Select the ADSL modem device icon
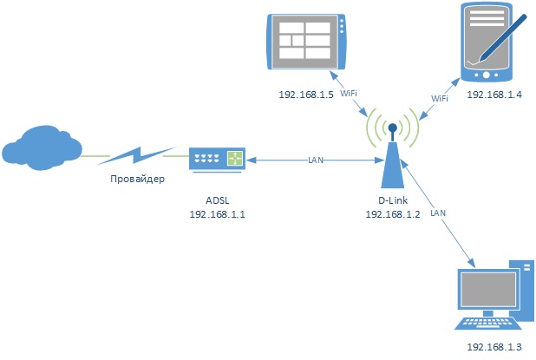217,158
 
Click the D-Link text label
392,200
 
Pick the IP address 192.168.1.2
392,214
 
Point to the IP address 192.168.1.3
494,347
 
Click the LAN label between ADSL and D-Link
317,160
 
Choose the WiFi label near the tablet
349,93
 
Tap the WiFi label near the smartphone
440,99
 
